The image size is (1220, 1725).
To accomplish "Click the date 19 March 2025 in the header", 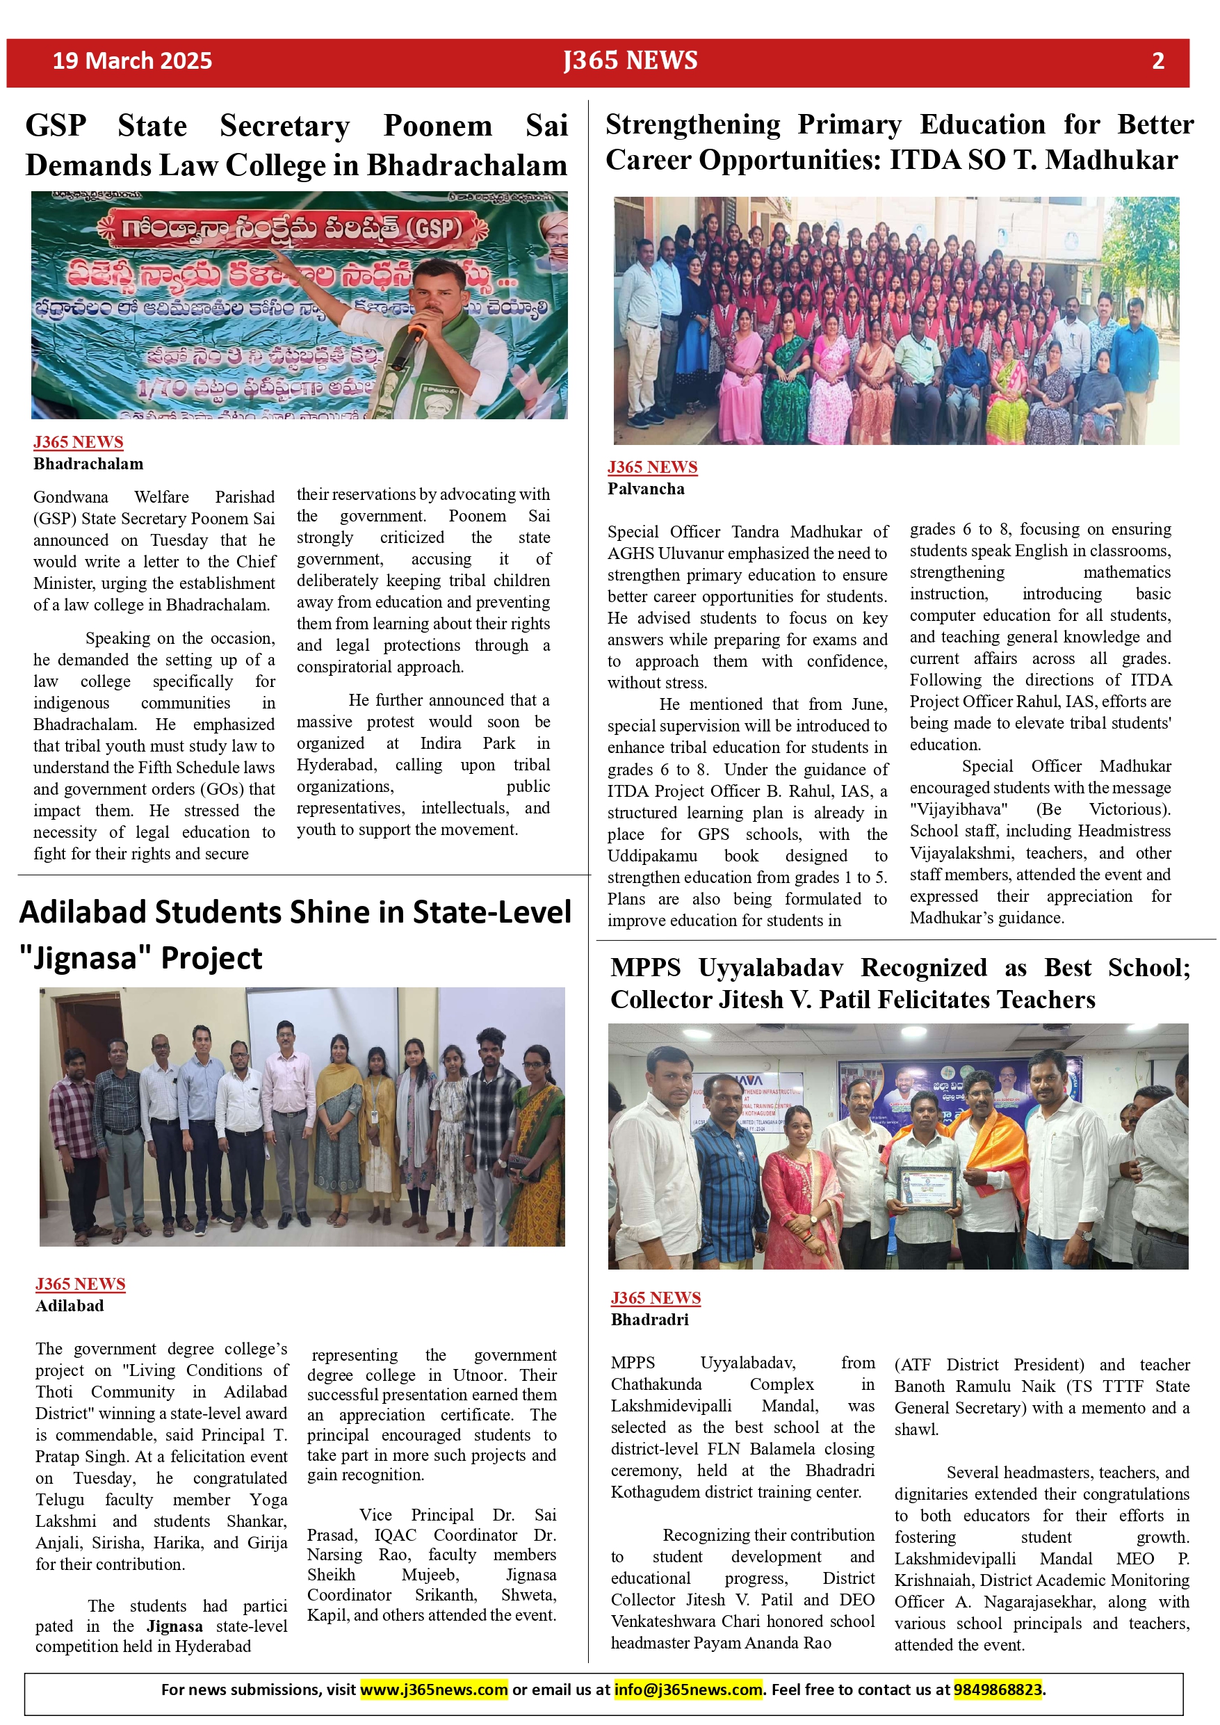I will [132, 61].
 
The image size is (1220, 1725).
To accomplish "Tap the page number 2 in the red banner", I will [1157, 61].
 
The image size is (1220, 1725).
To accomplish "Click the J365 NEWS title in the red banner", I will [631, 61].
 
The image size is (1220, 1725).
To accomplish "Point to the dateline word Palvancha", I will [646, 489].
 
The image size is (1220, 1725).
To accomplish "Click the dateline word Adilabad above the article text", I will [70, 1306].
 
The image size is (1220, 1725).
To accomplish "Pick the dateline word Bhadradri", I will [650, 1319].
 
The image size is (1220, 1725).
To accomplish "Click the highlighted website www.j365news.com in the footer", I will [434, 1690].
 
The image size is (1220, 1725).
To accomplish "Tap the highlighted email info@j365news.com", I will [688, 1690].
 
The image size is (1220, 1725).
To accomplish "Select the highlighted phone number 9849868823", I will [998, 1690].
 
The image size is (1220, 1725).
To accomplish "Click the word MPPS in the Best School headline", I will [645, 968].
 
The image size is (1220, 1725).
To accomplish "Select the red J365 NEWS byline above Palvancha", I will [652, 467].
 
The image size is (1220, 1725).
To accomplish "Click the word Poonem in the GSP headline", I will [437, 125].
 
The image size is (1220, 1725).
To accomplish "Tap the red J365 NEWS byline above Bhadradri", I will [655, 1297].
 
